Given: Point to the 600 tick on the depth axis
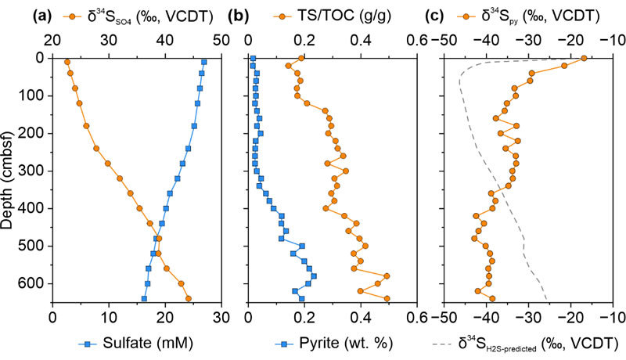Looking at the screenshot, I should tap(36, 283).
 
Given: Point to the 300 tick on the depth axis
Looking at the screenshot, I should tap(36, 171).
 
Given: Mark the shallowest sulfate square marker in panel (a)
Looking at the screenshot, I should tap(204, 62).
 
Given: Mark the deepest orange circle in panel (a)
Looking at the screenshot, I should tap(189, 298).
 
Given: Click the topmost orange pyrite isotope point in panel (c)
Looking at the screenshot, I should tap(584, 59).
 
